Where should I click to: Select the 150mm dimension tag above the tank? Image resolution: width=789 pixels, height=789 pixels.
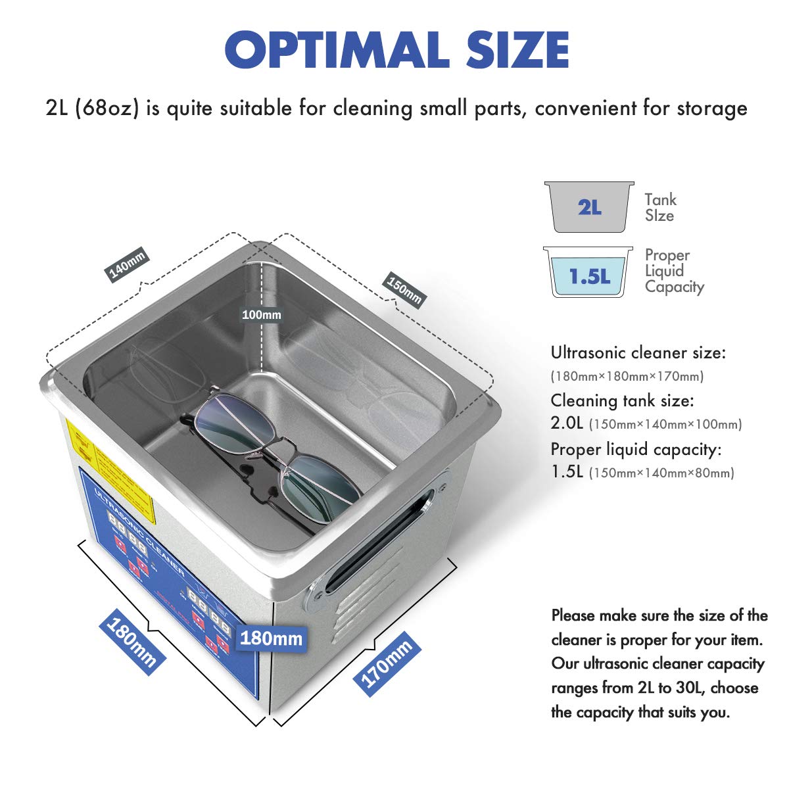(x=404, y=289)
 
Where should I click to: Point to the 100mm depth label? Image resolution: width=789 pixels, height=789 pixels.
(x=261, y=315)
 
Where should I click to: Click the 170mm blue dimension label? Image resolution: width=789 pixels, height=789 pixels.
(x=387, y=661)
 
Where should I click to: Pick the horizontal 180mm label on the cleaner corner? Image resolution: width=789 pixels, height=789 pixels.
(x=271, y=638)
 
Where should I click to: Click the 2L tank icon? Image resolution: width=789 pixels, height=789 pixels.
(x=589, y=207)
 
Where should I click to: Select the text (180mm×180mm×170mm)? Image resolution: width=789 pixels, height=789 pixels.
(x=627, y=377)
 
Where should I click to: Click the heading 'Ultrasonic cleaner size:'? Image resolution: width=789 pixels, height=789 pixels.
(x=638, y=352)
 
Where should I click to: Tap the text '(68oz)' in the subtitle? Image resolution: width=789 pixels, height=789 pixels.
(x=107, y=107)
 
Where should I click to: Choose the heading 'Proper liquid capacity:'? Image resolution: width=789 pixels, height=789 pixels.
(x=636, y=449)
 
